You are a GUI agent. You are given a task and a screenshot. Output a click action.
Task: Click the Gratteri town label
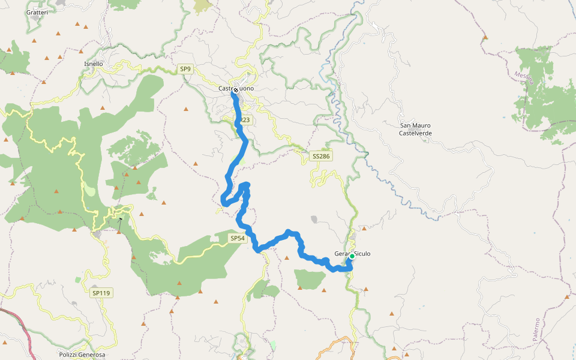[x=37, y=12]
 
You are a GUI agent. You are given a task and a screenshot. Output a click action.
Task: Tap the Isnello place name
[x=94, y=64]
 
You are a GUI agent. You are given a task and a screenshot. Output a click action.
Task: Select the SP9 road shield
[x=185, y=69]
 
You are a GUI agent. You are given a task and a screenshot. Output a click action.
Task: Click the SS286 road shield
[x=321, y=156]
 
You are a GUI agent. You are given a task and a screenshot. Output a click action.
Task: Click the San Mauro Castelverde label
[x=416, y=129]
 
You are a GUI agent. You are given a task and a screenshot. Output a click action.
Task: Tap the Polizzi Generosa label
[x=82, y=355]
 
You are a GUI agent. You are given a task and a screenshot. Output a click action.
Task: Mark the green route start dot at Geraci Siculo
[x=352, y=256]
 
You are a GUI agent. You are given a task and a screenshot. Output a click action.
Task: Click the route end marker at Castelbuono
[x=235, y=90]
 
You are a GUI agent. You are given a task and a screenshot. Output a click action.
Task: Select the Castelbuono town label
[x=236, y=88]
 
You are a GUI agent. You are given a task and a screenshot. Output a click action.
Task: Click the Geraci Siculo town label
[x=352, y=254]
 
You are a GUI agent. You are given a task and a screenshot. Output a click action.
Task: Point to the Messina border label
[x=523, y=79]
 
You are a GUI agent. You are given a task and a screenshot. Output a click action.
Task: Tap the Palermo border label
[x=536, y=329]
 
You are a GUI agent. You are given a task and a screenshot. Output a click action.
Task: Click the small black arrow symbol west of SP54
[x=120, y=220]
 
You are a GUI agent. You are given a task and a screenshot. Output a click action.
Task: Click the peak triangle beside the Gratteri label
[x=77, y=24]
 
